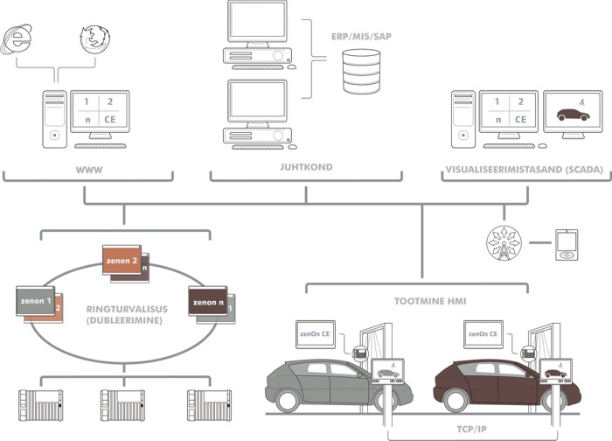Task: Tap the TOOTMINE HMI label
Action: [x=418, y=300]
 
